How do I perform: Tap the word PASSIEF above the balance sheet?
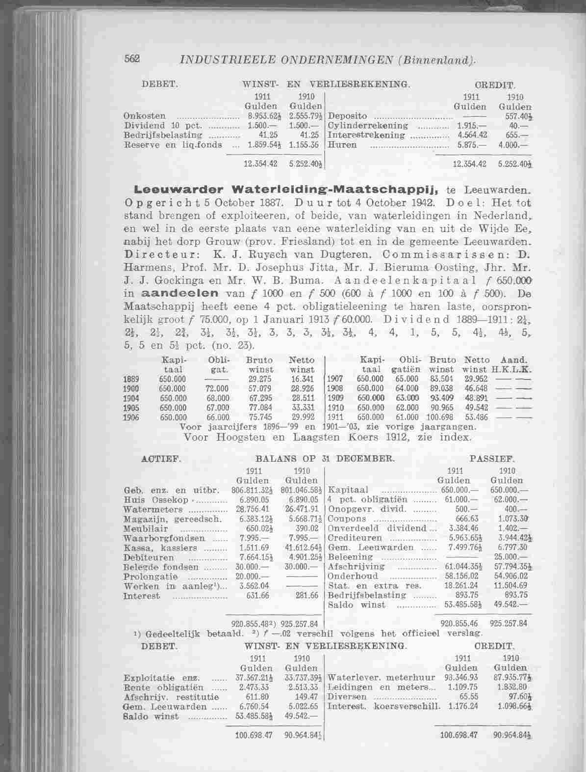click(x=491, y=460)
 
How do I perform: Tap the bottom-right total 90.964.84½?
click(x=510, y=735)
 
